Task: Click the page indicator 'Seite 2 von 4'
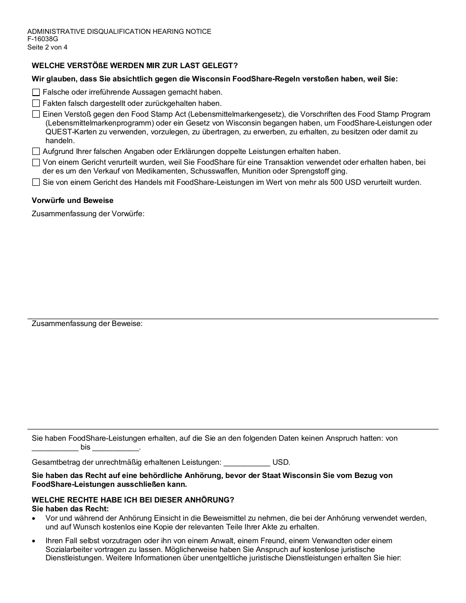click(x=48, y=48)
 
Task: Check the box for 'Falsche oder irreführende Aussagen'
click(x=36, y=92)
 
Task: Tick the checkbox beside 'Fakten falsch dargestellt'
click(x=36, y=103)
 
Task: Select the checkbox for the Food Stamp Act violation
click(x=36, y=114)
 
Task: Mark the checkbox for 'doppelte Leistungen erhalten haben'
click(x=36, y=152)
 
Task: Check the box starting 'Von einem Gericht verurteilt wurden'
click(x=36, y=163)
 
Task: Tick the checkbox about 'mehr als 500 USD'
click(x=36, y=182)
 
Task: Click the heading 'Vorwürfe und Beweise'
click(x=73, y=200)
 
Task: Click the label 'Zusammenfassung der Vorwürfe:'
click(x=88, y=214)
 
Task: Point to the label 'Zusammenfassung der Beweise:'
click(x=87, y=324)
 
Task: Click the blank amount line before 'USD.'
click(x=247, y=463)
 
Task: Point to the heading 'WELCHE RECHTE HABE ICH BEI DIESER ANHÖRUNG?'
click(x=133, y=500)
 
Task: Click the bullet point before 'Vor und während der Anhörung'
click(x=34, y=518)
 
